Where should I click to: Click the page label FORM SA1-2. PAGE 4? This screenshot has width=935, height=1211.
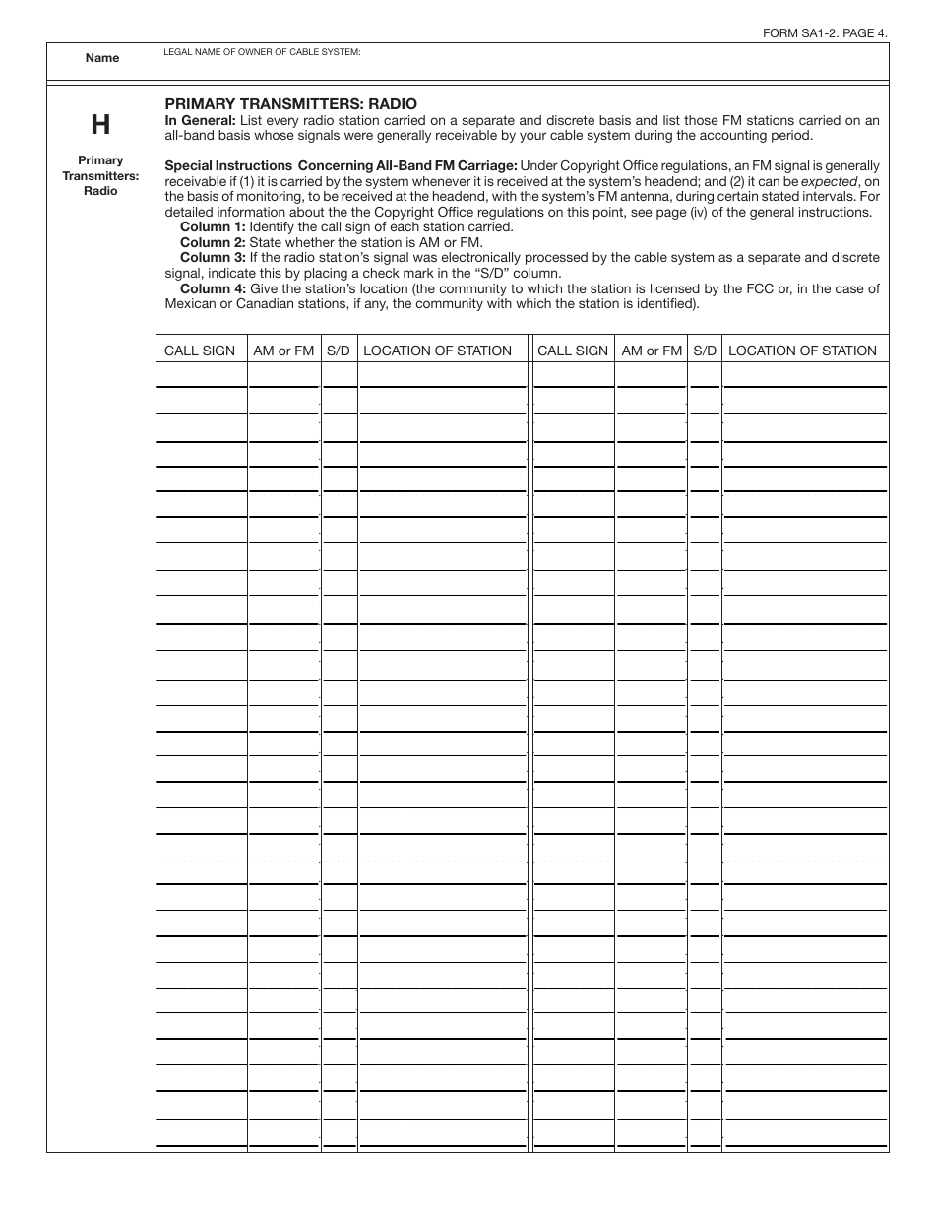(x=825, y=32)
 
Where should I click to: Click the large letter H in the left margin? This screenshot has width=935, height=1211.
(x=100, y=125)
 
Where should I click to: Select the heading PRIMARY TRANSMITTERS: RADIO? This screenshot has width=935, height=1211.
(x=290, y=103)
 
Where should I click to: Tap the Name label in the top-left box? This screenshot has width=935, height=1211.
(x=101, y=58)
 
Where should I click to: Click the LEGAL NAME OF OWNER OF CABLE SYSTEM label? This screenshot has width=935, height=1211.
(x=262, y=51)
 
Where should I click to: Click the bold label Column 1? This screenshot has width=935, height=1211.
(x=213, y=226)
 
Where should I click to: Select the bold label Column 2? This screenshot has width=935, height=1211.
(x=213, y=241)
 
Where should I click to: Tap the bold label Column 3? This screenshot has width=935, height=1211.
(x=213, y=257)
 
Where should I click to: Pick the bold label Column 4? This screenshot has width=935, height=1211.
(x=213, y=288)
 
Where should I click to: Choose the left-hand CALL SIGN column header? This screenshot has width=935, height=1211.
(x=200, y=351)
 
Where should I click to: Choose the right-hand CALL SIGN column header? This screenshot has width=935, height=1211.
(x=573, y=351)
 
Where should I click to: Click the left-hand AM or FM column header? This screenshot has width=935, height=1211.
(x=283, y=351)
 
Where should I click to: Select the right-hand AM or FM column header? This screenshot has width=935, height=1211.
(x=652, y=351)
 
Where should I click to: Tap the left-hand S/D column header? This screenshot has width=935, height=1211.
(x=339, y=351)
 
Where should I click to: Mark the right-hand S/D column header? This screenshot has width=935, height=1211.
(x=705, y=351)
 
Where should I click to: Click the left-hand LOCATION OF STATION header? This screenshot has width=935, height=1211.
(x=438, y=351)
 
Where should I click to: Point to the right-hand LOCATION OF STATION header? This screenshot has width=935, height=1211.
(x=802, y=351)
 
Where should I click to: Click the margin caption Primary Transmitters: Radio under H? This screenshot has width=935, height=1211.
(x=100, y=175)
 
